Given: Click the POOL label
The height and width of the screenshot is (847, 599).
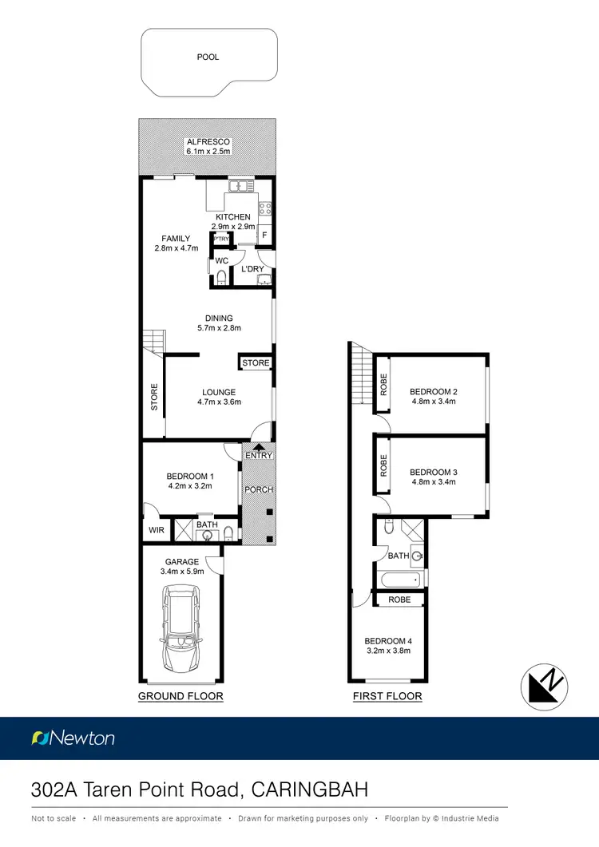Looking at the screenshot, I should [208, 57].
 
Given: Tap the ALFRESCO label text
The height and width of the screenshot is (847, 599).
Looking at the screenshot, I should [208, 142].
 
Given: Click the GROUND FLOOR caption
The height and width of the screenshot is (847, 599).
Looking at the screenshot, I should [180, 696].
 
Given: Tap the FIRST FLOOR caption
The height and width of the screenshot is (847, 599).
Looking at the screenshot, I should [387, 696].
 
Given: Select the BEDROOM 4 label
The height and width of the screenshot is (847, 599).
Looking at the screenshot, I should [387, 641].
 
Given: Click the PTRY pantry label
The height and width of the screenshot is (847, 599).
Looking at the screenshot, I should [221, 238].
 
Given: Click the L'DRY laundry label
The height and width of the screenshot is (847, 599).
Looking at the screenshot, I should [252, 270].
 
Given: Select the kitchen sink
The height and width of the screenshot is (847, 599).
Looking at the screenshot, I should [240, 186].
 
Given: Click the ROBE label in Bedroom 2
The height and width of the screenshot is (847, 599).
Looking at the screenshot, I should [384, 386].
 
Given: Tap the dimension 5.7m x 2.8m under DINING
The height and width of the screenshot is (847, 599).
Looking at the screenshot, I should [219, 328].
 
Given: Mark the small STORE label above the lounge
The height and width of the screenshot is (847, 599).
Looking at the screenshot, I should [256, 363].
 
